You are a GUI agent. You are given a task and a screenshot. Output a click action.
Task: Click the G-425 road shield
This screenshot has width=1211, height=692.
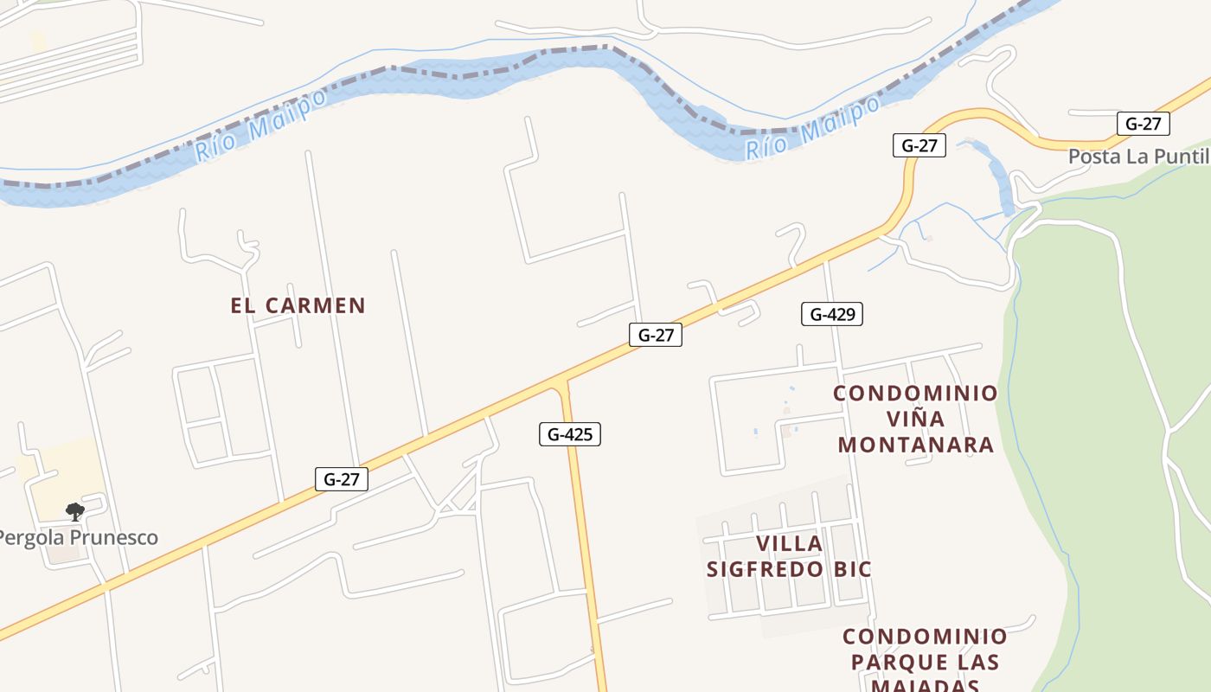570,434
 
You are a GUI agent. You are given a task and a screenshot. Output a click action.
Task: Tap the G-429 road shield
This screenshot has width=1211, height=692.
832,314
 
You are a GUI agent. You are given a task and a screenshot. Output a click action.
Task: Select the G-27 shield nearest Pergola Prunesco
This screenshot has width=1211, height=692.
342,479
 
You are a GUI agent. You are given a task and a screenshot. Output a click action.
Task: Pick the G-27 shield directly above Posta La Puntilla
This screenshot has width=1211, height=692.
1143,124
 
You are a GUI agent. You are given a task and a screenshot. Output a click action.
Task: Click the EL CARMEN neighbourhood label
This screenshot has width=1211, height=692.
298,305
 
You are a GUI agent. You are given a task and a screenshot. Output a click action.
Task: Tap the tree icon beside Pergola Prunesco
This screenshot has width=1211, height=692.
75,511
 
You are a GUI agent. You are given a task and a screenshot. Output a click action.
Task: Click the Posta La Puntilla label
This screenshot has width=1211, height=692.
1138,157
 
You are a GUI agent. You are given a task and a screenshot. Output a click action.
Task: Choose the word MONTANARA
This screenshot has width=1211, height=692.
916,445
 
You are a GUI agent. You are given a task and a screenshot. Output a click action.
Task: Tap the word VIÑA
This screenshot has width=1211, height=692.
916,420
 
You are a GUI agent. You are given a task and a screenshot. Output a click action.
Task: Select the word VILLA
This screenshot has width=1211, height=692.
789,544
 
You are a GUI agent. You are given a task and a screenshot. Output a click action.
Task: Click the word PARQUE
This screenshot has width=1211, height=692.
894,663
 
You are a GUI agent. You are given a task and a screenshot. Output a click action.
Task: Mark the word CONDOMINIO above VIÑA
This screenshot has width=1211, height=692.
915,394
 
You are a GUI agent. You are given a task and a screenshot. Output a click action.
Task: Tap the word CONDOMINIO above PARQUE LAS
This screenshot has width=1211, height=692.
925,638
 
